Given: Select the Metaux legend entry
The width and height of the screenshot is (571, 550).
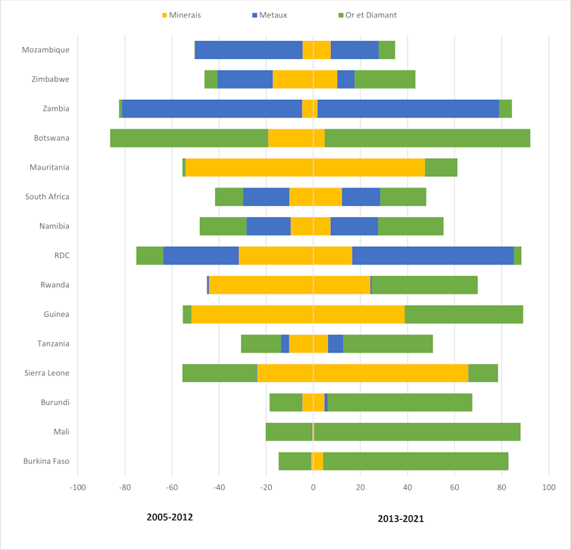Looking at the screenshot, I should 277,15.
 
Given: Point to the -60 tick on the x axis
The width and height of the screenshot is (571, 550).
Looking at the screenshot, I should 172,487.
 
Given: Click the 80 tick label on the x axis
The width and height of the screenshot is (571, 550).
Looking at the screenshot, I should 501,487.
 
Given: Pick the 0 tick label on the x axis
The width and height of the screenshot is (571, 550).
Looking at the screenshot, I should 313,487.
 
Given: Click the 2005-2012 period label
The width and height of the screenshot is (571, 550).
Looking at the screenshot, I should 170,517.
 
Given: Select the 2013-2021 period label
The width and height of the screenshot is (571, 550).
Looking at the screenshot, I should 401,519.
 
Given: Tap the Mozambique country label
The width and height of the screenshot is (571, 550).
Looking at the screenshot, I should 45,50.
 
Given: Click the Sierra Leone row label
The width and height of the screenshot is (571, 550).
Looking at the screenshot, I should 48,373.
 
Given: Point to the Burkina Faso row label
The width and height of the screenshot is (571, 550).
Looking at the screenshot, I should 46,461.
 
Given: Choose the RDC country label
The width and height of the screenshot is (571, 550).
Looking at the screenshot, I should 61,256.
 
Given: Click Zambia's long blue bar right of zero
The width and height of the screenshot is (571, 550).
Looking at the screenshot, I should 408,109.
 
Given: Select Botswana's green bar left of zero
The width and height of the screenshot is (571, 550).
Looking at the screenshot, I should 189,138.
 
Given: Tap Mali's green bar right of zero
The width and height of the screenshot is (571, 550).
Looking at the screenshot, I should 417,431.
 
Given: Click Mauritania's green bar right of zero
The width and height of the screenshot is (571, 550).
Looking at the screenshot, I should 441,167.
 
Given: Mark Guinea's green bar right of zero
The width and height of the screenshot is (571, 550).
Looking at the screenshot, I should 463,314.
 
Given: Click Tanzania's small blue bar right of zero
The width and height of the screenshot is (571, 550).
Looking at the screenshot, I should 335,343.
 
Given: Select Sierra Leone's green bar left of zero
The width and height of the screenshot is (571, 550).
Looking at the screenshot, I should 220,373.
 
